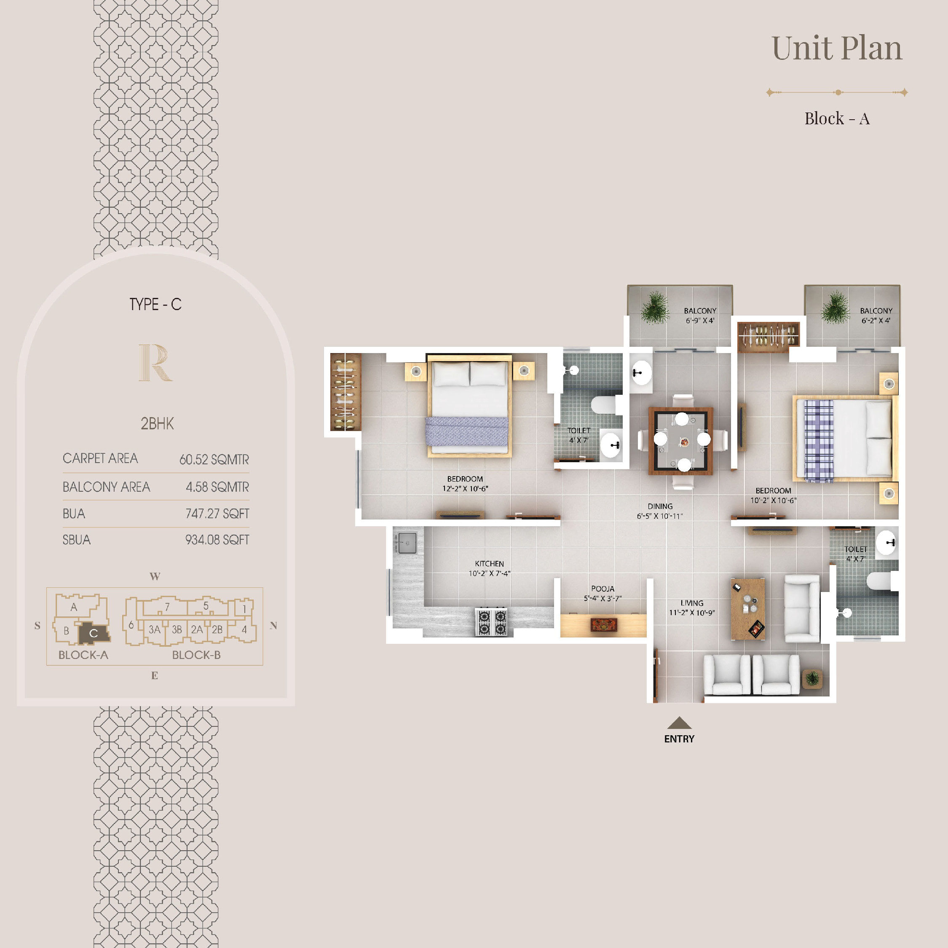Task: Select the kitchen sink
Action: (x=406, y=543)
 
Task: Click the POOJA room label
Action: (x=603, y=589)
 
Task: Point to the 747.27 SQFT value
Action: (x=217, y=514)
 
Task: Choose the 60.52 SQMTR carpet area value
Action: (x=214, y=460)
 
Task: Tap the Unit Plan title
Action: (x=837, y=48)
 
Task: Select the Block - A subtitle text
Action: (x=837, y=118)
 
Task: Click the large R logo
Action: (x=155, y=363)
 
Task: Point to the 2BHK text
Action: (x=157, y=423)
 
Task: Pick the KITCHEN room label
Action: (x=489, y=564)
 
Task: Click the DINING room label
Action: (x=660, y=506)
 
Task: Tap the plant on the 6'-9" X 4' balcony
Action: (x=655, y=308)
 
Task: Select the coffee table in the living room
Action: (x=748, y=609)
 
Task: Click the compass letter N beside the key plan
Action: (x=273, y=626)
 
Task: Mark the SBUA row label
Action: (x=77, y=540)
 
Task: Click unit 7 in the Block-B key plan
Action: (x=167, y=607)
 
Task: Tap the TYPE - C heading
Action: (x=155, y=304)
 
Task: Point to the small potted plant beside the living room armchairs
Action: (x=812, y=679)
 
